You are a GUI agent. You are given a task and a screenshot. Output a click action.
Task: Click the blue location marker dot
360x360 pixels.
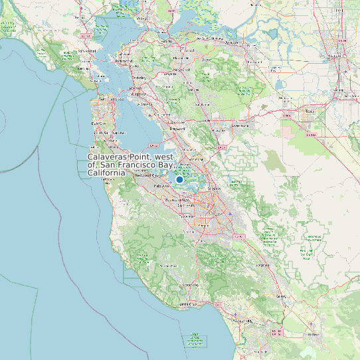coord(179,179)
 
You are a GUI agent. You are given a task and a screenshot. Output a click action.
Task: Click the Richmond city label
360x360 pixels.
coord(124,61)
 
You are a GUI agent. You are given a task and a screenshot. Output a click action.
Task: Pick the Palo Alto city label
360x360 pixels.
coord(163,187)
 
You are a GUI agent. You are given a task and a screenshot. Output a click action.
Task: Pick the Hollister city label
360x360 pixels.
coord(314,333)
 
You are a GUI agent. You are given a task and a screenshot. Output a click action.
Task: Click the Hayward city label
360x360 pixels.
coord(176,130)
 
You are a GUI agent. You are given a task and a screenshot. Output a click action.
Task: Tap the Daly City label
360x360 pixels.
coord(98,124)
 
